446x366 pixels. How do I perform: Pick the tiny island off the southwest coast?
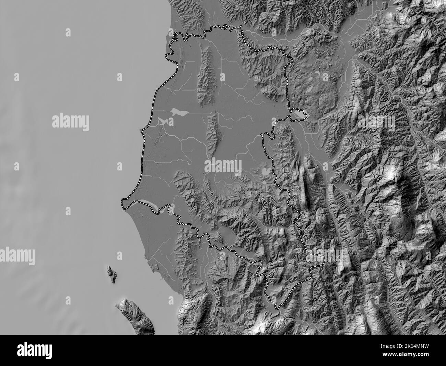111,274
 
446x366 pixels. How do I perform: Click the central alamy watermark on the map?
223,166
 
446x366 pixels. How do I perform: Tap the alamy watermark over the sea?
71,122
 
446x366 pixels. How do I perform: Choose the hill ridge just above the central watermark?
213,136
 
